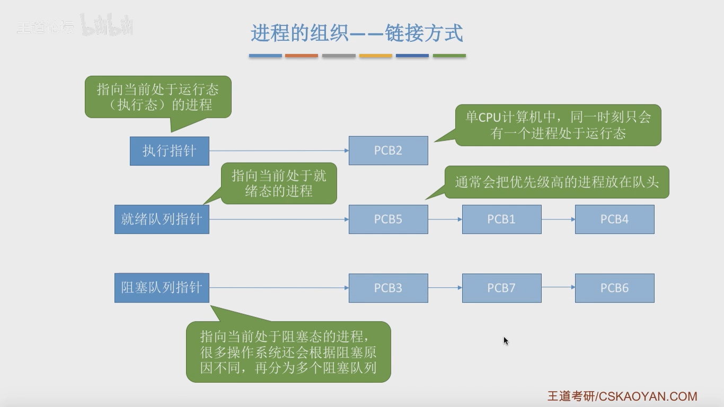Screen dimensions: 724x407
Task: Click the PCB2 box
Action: (x=388, y=151)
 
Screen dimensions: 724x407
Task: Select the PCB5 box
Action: (x=388, y=219)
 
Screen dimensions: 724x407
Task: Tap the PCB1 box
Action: (x=501, y=219)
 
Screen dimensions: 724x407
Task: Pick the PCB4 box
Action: (x=615, y=219)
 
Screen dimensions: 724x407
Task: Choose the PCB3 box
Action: (x=388, y=288)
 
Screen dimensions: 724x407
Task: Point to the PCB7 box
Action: (x=501, y=288)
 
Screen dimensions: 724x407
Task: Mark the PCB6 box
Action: (x=615, y=288)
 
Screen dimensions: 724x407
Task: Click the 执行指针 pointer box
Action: (x=170, y=151)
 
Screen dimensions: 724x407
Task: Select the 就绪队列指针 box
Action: (x=162, y=219)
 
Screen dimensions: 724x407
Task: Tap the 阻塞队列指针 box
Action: (x=162, y=288)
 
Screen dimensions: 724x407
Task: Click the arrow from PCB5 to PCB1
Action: (x=445, y=219)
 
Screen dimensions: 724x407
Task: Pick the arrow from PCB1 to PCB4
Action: (x=558, y=219)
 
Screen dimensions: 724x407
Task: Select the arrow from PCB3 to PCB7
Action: (x=445, y=287)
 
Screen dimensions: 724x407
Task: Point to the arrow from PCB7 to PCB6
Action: (x=558, y=287)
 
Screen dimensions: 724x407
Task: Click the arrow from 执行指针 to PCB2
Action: (x=279, y=151)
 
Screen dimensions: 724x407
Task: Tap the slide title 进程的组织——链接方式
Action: (x=357, y=33)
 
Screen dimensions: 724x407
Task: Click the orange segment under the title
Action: (x=301, y=56)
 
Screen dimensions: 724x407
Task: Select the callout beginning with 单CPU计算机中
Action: (x=558, y=125)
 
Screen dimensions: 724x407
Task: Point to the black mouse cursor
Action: (x=506, y=341)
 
